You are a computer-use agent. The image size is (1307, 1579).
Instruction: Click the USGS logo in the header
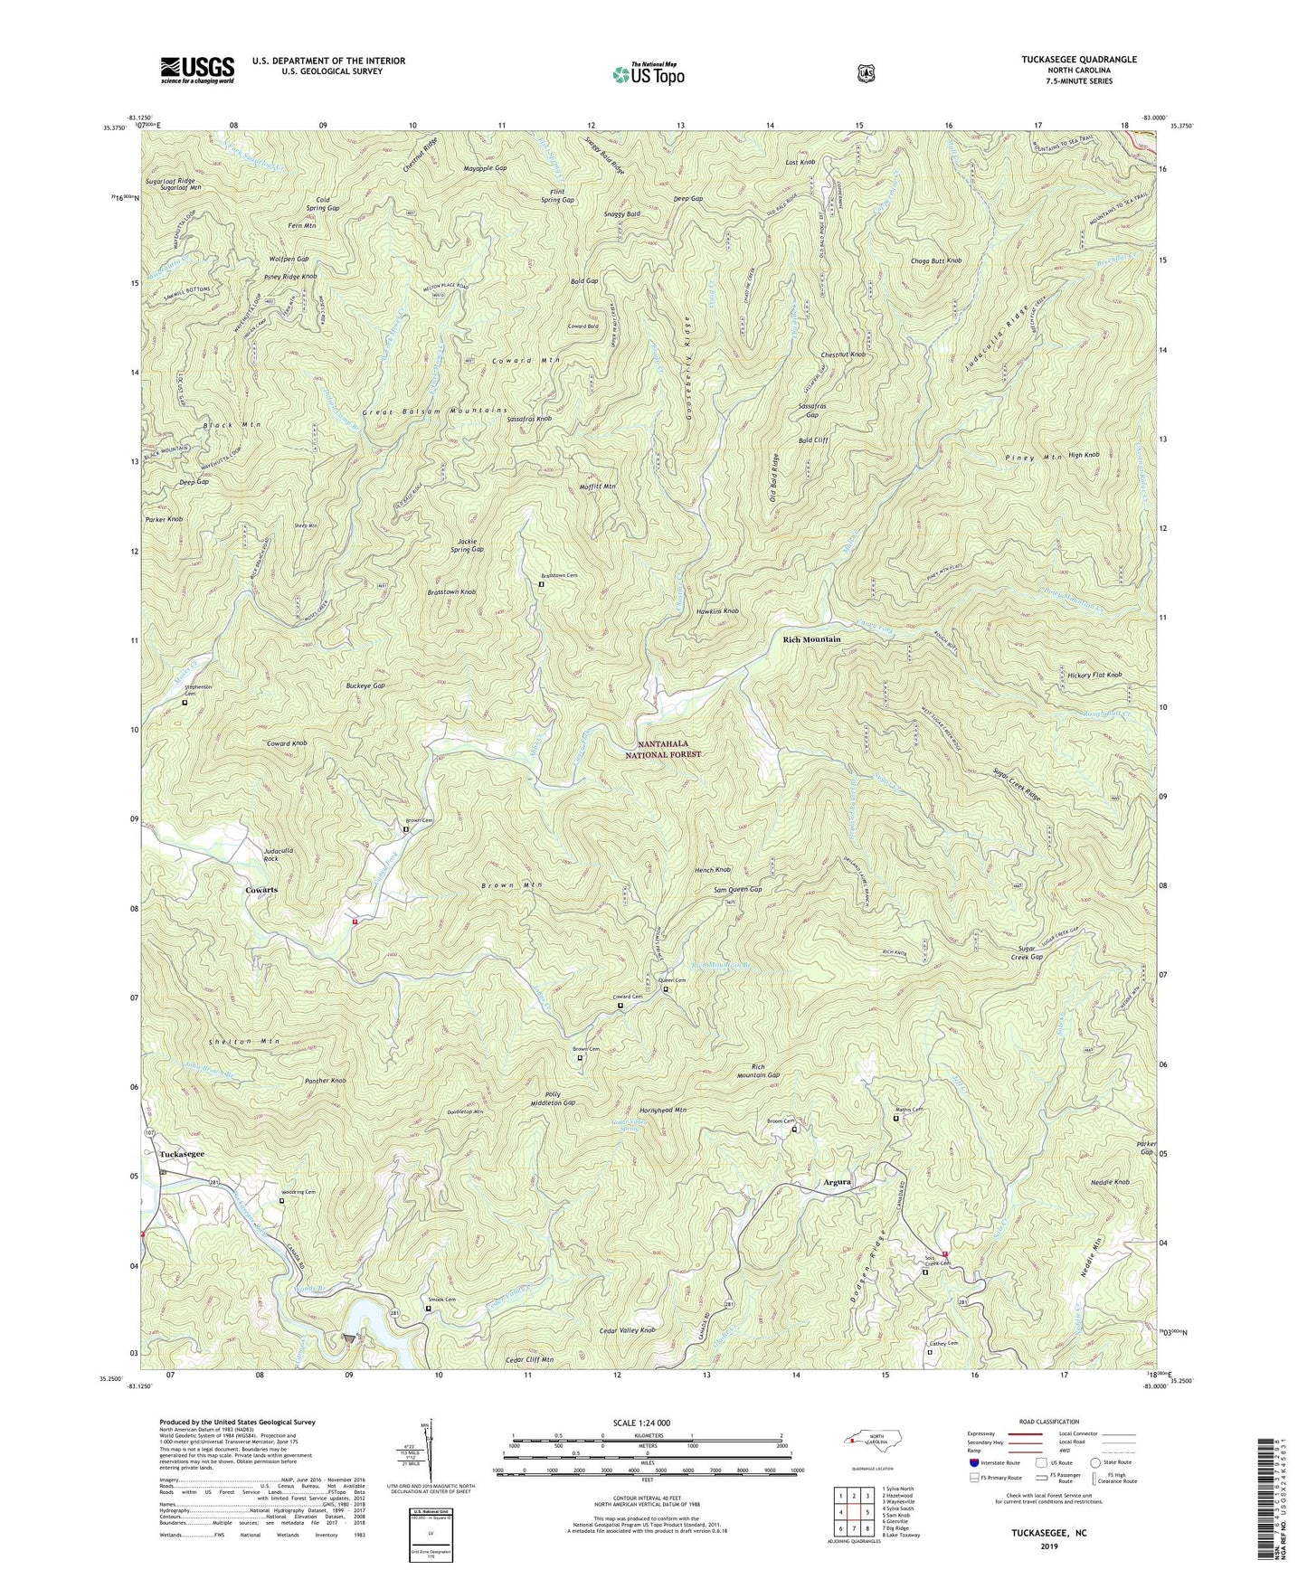click(x=197, y=69)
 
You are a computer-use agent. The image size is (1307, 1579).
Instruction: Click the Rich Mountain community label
click(x=811, y=639)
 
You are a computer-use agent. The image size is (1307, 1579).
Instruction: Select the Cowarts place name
click(x=261, y=890)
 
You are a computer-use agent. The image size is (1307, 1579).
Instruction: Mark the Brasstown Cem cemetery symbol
click(x=542, y=584)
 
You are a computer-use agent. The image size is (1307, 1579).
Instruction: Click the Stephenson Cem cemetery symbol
click(x=185, y=703)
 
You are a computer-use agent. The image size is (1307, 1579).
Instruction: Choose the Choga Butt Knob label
click(x=935, y=260)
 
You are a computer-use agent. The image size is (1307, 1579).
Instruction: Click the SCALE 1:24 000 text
click(x=645, y=1423)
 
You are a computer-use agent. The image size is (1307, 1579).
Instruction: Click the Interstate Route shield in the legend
click(x=973, y=1462)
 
